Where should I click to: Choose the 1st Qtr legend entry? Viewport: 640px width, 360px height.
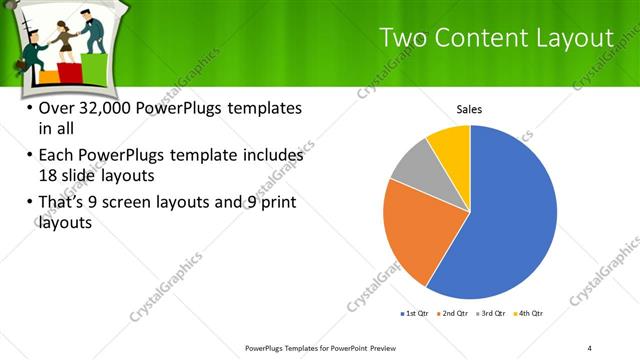coord(416,314)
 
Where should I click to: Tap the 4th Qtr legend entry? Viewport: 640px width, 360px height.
coord(529,314)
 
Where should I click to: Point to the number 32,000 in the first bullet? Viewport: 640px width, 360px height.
coord(101,108)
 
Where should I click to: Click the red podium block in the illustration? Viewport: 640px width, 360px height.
coord(67,72)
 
